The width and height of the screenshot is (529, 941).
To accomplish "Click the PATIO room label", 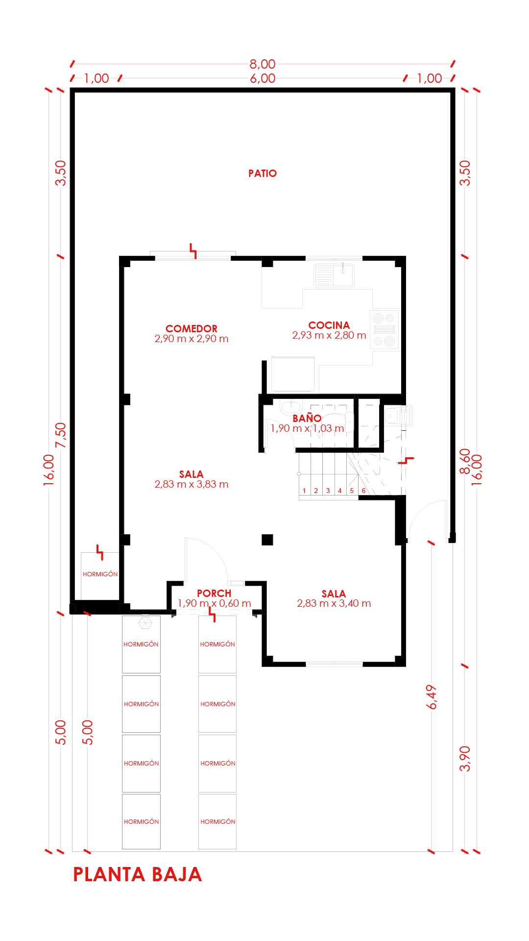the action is [x=263, y=173].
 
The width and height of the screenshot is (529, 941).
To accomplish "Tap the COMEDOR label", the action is [x=192, y=329].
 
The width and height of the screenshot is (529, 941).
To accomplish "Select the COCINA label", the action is [x=329, y=325].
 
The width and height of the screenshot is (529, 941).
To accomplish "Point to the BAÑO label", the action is [x=307, y=418].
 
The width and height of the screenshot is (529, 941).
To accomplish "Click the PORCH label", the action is [x=214, y=594].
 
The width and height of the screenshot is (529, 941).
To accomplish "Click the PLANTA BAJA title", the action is [x=138, y=874].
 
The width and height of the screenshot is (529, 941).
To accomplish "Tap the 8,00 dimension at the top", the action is [x=263, y=64].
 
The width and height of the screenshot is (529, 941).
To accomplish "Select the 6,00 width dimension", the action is [x=263, y=78].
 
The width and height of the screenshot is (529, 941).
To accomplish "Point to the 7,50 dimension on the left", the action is [x=61, y=435].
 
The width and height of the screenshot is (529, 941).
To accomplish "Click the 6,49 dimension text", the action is [x=432, y=697].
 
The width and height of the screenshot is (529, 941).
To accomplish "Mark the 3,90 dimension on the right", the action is [x=465, y=759].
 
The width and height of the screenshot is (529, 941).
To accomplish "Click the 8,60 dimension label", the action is [x=465, y=462].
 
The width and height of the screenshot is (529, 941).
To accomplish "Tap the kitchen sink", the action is [x=334, y=275].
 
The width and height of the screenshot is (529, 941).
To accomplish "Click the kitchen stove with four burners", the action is [x=385, y=329].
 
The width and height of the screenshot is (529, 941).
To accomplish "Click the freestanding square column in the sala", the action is [x=267, y=540].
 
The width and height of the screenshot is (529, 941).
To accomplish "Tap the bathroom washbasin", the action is [x=291, y=407].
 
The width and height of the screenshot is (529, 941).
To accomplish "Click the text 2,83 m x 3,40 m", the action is [x=334, y=603].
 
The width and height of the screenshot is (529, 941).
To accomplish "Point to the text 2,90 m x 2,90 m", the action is [x=192, y=339].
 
